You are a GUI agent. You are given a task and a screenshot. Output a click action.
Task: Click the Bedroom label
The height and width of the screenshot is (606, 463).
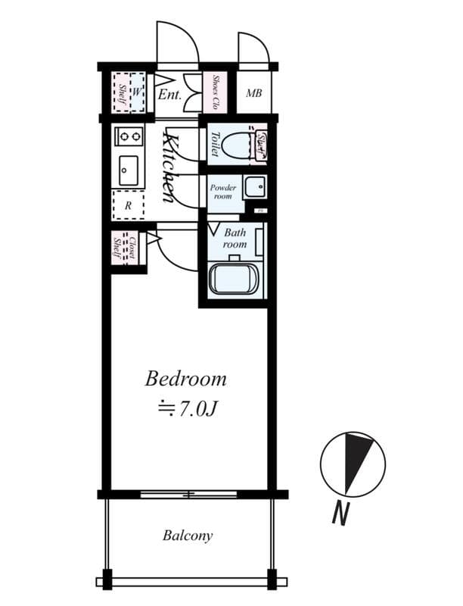(186, 378)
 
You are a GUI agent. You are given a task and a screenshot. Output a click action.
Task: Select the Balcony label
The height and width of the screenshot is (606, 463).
(188, 536)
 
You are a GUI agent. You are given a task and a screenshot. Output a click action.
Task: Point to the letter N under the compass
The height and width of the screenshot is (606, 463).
(341, 514)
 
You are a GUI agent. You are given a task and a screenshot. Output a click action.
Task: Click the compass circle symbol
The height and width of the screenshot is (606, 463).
(353, 464)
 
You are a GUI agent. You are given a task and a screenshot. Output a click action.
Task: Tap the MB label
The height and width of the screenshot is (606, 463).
(253, 94)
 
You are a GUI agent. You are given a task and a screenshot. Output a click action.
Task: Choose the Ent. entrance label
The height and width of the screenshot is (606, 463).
(169, 95)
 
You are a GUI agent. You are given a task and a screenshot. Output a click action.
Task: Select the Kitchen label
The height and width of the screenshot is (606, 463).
(171, 167)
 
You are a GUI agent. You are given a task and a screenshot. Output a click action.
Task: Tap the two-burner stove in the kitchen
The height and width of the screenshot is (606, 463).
(128, 136)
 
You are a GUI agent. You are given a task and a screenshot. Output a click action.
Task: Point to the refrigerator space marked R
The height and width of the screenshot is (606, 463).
(128, 205)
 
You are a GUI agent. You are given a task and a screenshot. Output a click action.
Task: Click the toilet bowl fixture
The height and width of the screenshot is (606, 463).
(241, 145)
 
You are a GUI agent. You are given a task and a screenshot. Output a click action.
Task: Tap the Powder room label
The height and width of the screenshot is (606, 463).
(223, 192)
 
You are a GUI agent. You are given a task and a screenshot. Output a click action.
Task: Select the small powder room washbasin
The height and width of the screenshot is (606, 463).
(255, 186)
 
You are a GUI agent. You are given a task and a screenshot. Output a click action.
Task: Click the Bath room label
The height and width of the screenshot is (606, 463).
(235, 239)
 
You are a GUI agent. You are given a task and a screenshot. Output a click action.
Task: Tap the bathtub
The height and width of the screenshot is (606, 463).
(235, 279)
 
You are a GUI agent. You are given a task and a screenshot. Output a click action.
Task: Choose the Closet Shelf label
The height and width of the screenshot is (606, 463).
(125, 247)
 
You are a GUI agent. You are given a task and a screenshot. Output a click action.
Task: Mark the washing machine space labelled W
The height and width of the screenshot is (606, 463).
(137, 92)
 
